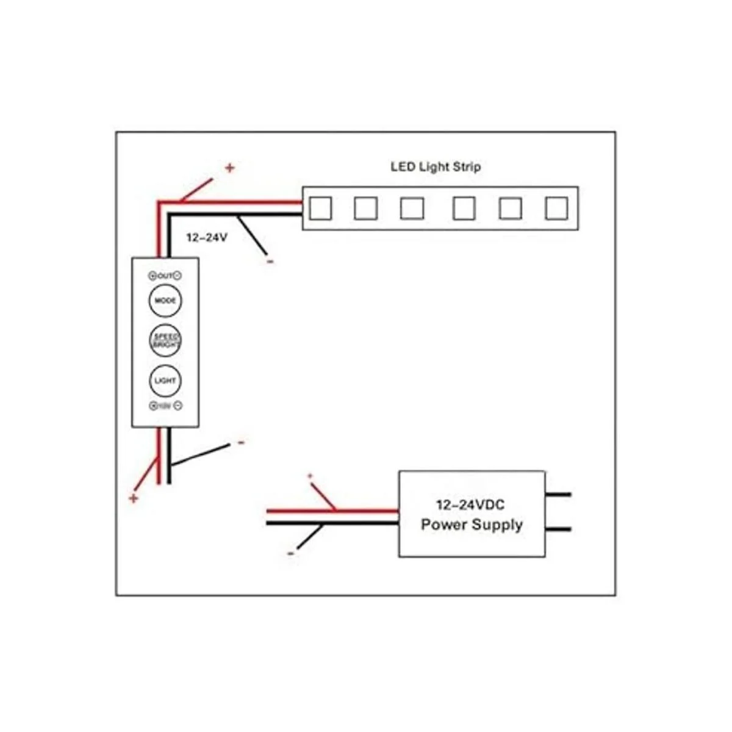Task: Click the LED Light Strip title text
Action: tap(436, 167)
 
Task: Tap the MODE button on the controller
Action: tap(165, 301)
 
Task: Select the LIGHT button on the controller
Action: tap(165, 380)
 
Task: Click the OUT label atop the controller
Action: tap(165, 276)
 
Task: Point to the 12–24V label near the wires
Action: tap(207, 237)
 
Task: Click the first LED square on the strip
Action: tap(320, 209)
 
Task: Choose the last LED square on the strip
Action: tap(556, 209)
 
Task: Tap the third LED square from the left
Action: tap(412, 209)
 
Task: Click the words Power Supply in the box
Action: tap(472, 525)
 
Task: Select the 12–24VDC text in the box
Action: tap(470, 505)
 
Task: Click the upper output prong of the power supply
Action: tap(559, 494)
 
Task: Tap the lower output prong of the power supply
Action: tap(559, 529)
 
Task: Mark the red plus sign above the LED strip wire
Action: tap(229, 168)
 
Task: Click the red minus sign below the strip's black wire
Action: tap(270, 262)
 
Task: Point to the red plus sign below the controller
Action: tap(134, 498)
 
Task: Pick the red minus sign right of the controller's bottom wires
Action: tap(241, 443)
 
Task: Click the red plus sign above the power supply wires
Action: tap(310, 476)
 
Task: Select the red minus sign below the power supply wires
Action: tap(290, 553)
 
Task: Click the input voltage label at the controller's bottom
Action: tap(165, 406)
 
